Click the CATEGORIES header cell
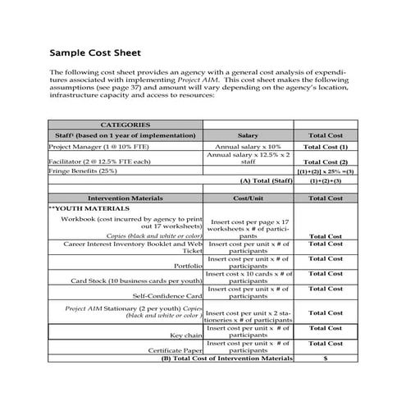click(125, 124)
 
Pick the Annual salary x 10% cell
click(249, 146)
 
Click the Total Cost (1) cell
click(326, 146)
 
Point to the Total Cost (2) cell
click(326, 162)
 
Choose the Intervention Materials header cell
click(125, 198)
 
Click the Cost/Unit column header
click(248, 198)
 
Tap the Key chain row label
click(186, 335)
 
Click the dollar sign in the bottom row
click(326, 358)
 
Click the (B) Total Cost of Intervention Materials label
click(226, 358)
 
